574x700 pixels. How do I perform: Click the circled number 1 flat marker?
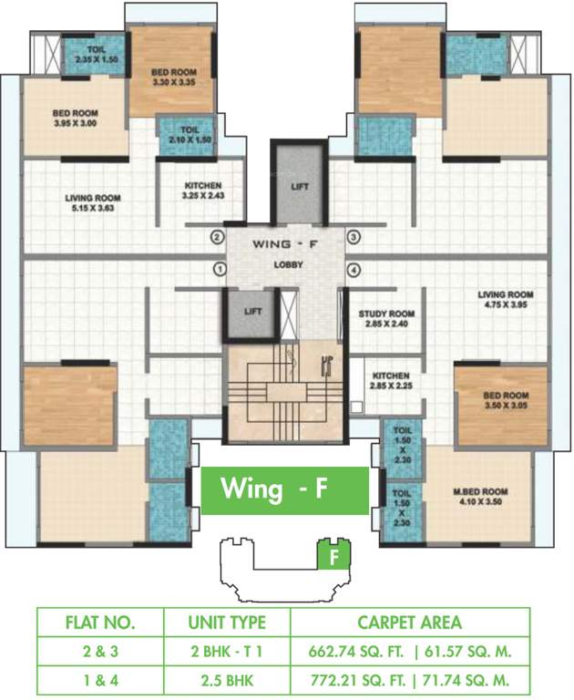(x=219, y=269)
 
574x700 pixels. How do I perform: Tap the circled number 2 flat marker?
(x=217, y=238)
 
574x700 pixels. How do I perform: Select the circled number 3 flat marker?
(x=354, y=238)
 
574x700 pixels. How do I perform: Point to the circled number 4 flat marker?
(x=354, y=269)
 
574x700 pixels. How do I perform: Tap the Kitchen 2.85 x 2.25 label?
(x=390, y=380)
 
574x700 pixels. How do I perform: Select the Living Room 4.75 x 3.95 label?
(x=506, y=300)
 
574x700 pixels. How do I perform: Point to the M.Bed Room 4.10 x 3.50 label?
(x=482, y=497)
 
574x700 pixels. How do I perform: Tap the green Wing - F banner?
(x=284, y=490)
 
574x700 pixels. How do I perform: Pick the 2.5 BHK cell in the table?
(x=225, y=678)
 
